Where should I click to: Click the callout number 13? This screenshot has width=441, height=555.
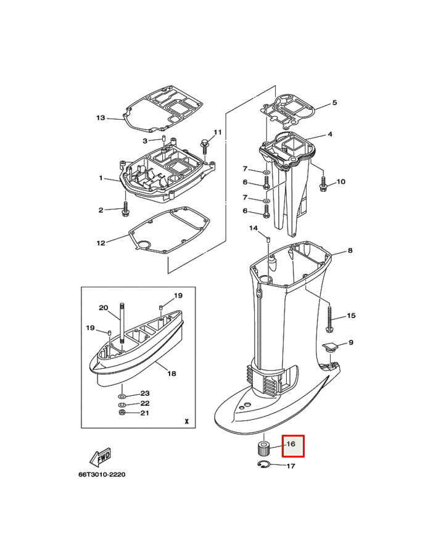(101, 118)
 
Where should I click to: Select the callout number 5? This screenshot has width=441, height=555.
(334, 102)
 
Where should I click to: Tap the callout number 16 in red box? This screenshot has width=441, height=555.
(292, 444)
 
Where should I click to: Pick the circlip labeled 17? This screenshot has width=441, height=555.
(264, 465)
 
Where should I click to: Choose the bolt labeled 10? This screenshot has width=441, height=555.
(323, 183)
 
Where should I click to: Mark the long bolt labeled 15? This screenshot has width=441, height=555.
(330, 317)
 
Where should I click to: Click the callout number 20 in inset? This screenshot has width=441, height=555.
(103, 308)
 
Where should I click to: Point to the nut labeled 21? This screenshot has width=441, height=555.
(122, 413)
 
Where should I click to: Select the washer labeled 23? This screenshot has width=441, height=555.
(122, 393)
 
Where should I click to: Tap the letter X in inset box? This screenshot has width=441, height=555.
(186, 421)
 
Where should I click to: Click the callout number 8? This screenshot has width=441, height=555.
(350, 250)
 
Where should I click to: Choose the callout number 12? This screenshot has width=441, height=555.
(101, 243)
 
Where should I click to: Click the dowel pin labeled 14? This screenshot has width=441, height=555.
(270, 238)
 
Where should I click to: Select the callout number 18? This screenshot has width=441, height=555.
(171, 373)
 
